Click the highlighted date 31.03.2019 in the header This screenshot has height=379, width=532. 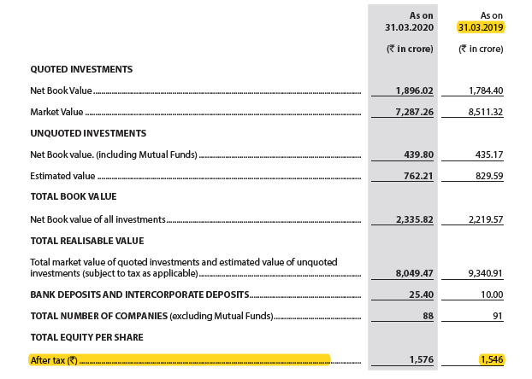481,26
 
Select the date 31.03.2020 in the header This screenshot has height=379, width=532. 411,26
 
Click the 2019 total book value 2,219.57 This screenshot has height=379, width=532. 487,219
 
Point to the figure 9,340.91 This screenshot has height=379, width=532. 487,273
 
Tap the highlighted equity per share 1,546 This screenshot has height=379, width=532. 491,360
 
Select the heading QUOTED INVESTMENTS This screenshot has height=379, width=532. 82,68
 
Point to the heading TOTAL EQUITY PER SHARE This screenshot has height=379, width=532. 86,338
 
